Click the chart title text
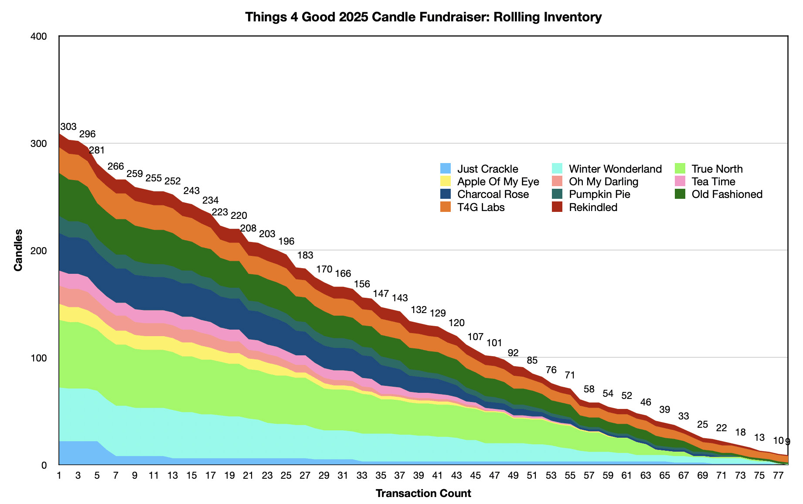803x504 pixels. pyautogui.click(x=423, y=17)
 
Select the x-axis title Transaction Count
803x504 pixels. pyautogui.click(x=423, y=494)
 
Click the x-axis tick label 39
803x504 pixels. pyautogui.click(x=419, y=475)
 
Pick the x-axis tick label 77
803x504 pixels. pyautogui.click(x=778, y=475)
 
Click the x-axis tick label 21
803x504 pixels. pyautogui.click(x=248, y=475)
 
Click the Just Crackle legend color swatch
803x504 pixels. pyautogui.click(x=445, y=169)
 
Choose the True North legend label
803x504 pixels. pyautogui.click(x=717, y=169)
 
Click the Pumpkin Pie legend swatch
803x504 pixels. pyautogui.click(x=557, y=194)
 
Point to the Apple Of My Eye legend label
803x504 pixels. pyautogui.click(x=498, y=181)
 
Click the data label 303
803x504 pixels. pyautogui.click(x=68, y=127)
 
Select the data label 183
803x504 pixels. pyautogui.click(x=305, y=255)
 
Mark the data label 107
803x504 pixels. pyautogui.click(x=476, y=337)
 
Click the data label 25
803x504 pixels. pyautogui.click(x=702, y=424)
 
